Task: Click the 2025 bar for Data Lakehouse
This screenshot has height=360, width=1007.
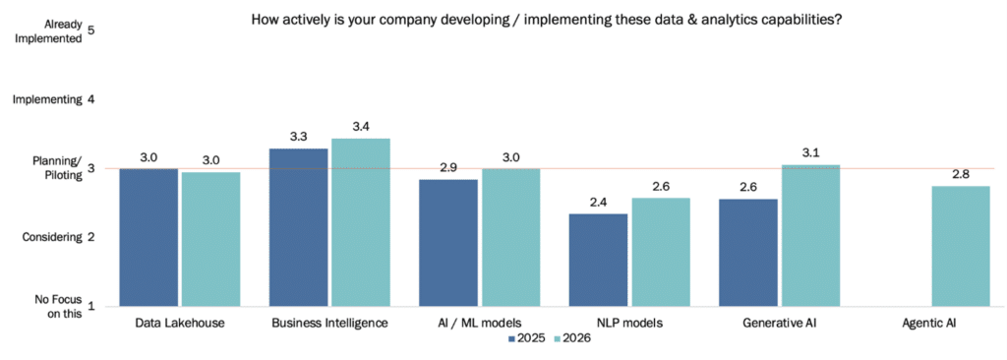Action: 149,237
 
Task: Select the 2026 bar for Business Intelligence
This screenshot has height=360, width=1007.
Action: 361,221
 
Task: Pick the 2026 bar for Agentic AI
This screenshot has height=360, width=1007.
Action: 961,246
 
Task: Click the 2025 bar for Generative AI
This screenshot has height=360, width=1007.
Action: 748,253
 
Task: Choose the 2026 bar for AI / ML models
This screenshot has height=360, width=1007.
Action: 510,237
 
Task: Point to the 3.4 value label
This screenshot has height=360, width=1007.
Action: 361,127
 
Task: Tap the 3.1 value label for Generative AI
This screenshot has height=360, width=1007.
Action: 810,153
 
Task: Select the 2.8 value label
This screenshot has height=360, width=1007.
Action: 961,175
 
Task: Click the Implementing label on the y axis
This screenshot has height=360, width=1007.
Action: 47,99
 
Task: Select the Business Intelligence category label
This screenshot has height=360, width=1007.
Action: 329,322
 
